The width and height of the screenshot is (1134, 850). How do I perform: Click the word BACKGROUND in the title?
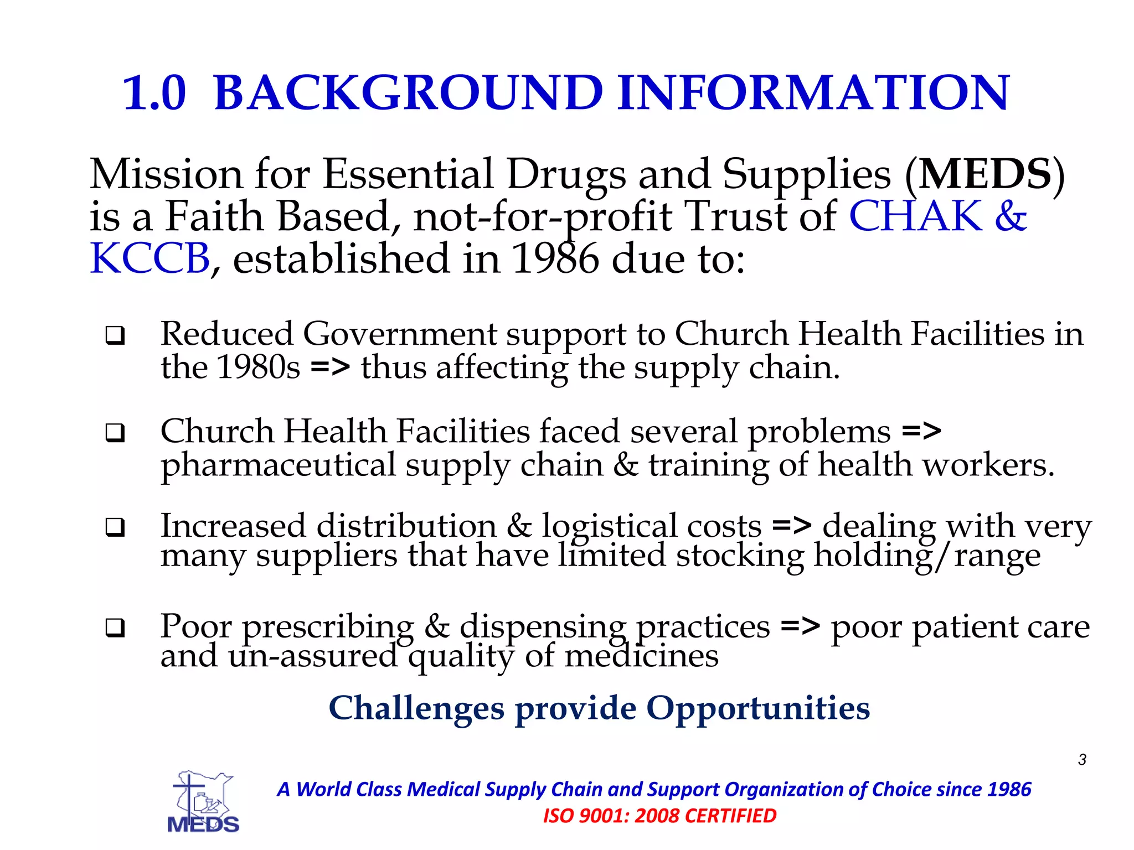point(408,93)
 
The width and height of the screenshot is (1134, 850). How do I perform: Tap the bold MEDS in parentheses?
point(985,174)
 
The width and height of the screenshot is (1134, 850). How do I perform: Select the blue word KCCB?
point(150,258)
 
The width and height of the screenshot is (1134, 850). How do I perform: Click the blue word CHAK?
point(915,216)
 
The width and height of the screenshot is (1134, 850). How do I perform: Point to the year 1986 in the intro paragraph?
point(555,258)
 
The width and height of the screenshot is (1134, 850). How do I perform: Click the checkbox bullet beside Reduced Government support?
point(115,335)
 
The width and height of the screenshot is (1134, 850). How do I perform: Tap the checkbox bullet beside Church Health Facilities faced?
point(115,432)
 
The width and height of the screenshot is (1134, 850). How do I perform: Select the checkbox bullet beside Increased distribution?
point(115,527)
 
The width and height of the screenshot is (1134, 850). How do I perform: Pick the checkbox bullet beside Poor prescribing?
point(115,628)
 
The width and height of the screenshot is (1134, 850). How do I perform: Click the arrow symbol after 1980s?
point(331,367)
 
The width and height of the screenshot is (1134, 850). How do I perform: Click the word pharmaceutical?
point(278,465)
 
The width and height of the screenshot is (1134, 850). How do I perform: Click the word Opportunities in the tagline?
point(758,708)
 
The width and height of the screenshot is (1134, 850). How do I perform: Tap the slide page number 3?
point(1082,760)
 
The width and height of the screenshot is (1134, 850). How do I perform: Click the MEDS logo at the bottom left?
point(203,802)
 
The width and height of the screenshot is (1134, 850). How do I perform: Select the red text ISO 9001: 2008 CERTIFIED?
point(659,816)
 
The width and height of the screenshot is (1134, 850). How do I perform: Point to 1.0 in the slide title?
point(154,93)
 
